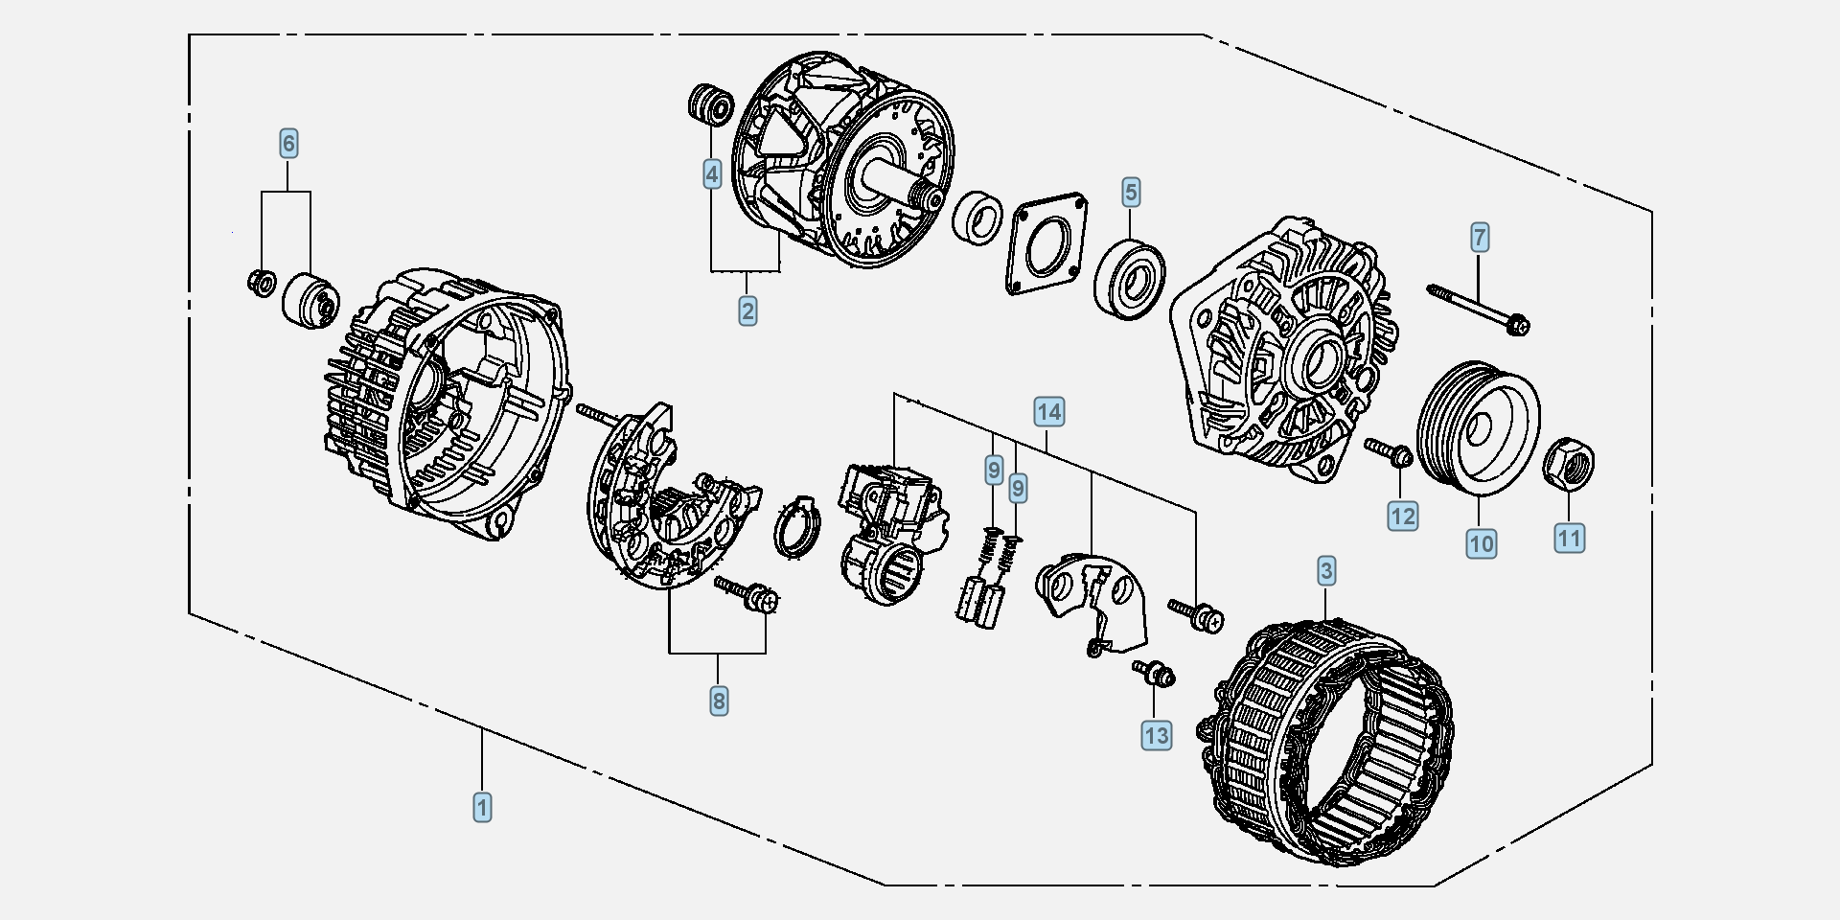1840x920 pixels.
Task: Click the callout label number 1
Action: click(x=482, y=807)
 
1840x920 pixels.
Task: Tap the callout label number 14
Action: click(x=1049, y=412)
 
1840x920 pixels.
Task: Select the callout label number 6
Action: click(x=288, y=144)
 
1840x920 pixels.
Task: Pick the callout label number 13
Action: click(x=1157, y=735)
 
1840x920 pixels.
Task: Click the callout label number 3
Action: click(x=1326, y=571)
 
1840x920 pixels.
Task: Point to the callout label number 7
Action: click(x=1480, y=237)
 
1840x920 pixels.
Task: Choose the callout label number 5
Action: click(x=1131, y=192)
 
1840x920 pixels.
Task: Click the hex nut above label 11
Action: click(x=1568, y=464)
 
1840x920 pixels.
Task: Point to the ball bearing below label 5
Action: click(x=1130, y=279)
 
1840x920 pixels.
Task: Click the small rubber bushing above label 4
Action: click(x=711, y=103)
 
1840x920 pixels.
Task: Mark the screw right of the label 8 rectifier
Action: click(x=747, y=593)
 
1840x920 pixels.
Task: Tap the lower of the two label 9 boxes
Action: click(x=1018, y=488)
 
